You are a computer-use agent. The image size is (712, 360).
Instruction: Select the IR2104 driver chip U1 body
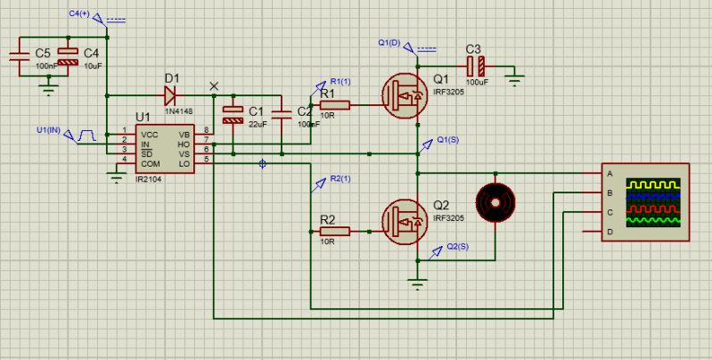click(164, 148)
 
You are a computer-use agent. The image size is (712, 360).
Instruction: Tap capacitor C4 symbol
click(64, 55)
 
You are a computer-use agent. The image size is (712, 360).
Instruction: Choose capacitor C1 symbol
click(233, 113)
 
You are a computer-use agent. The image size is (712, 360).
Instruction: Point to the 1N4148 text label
click(177, 110)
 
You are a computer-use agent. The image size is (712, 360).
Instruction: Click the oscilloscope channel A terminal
click(610, 173)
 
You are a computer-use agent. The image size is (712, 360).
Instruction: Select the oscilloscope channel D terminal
click(610, 232)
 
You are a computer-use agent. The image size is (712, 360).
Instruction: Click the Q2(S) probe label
click(456, 246)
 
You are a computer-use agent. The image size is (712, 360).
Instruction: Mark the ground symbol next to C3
click(514, 81)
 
